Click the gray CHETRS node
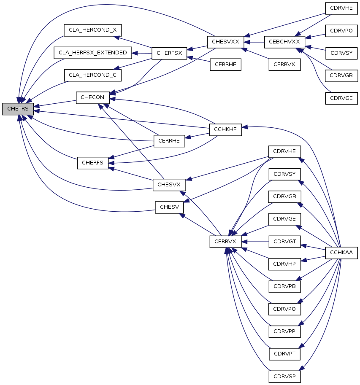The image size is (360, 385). click(x=18, y=109)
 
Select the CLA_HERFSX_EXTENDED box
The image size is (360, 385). click(x=93, y=53)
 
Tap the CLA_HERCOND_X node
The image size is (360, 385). click(x=93, y=30)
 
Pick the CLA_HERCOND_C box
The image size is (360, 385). click(x=93, y=75)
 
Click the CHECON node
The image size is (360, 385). click(x=93, y=98)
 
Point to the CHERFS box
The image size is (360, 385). click(x=93, y=163)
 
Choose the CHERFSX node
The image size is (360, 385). click(x=169, y=53)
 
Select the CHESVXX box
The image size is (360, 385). click(x=226, y=42)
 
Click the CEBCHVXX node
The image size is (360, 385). click(x=284, y=42)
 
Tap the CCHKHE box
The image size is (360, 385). click(x=226, y=129)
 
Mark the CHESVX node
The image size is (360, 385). click(x=169, y=185)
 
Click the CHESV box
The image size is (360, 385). click(x=169, y=207)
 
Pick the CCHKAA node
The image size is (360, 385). click(x=341, y=253)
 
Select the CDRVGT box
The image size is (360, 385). click(x=284, y=242)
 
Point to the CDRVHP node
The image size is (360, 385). click(x=284, y=264)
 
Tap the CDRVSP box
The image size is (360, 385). click(x=284, y=377)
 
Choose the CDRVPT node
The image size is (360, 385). click(x=284, y=354)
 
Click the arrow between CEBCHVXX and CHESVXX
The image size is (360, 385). click(x=254, y=42)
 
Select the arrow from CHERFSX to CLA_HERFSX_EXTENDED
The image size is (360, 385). click(x=142, y=53)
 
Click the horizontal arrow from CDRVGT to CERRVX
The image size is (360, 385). click(x=255, y=242)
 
